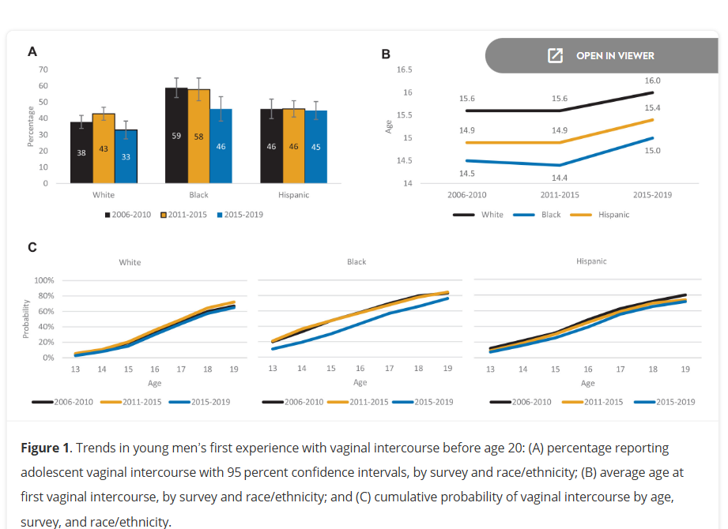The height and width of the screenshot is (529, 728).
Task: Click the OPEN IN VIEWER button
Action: pyautogui.click(x=602, y=55)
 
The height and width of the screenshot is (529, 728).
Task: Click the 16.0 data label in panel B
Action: pyautogui.click(x=652, y=81)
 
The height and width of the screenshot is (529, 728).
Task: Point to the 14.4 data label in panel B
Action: pyautogui.click(x=559, y=178)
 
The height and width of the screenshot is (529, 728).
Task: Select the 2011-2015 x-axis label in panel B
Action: pyautogui.click(x=560, y=194)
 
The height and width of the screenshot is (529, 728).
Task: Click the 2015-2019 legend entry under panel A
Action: pyautogui.click(x=240, y=215)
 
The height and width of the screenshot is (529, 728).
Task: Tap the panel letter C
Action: pyautogui.click(x=32, y=247)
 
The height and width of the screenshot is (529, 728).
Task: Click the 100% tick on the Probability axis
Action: pyautogui.click(x=44, y=280)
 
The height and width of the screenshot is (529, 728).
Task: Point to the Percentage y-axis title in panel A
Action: pyautogui.click(x=31, y=126)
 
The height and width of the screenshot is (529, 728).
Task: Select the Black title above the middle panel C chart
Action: pyautogui.click(x=356, y=262)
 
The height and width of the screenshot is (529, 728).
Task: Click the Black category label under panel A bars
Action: pyautogui.click(x=198, y=195)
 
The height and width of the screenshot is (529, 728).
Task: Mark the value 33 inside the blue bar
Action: pyautogui.click(x=126, y=156)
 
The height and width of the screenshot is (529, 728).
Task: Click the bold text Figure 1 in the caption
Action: pyautogui.click(x=45, y=448)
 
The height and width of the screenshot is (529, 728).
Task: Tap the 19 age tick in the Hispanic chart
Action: pyautogui.click(x=685, y=369)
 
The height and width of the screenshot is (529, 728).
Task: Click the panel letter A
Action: pyautogui.click(x=32, y=51)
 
